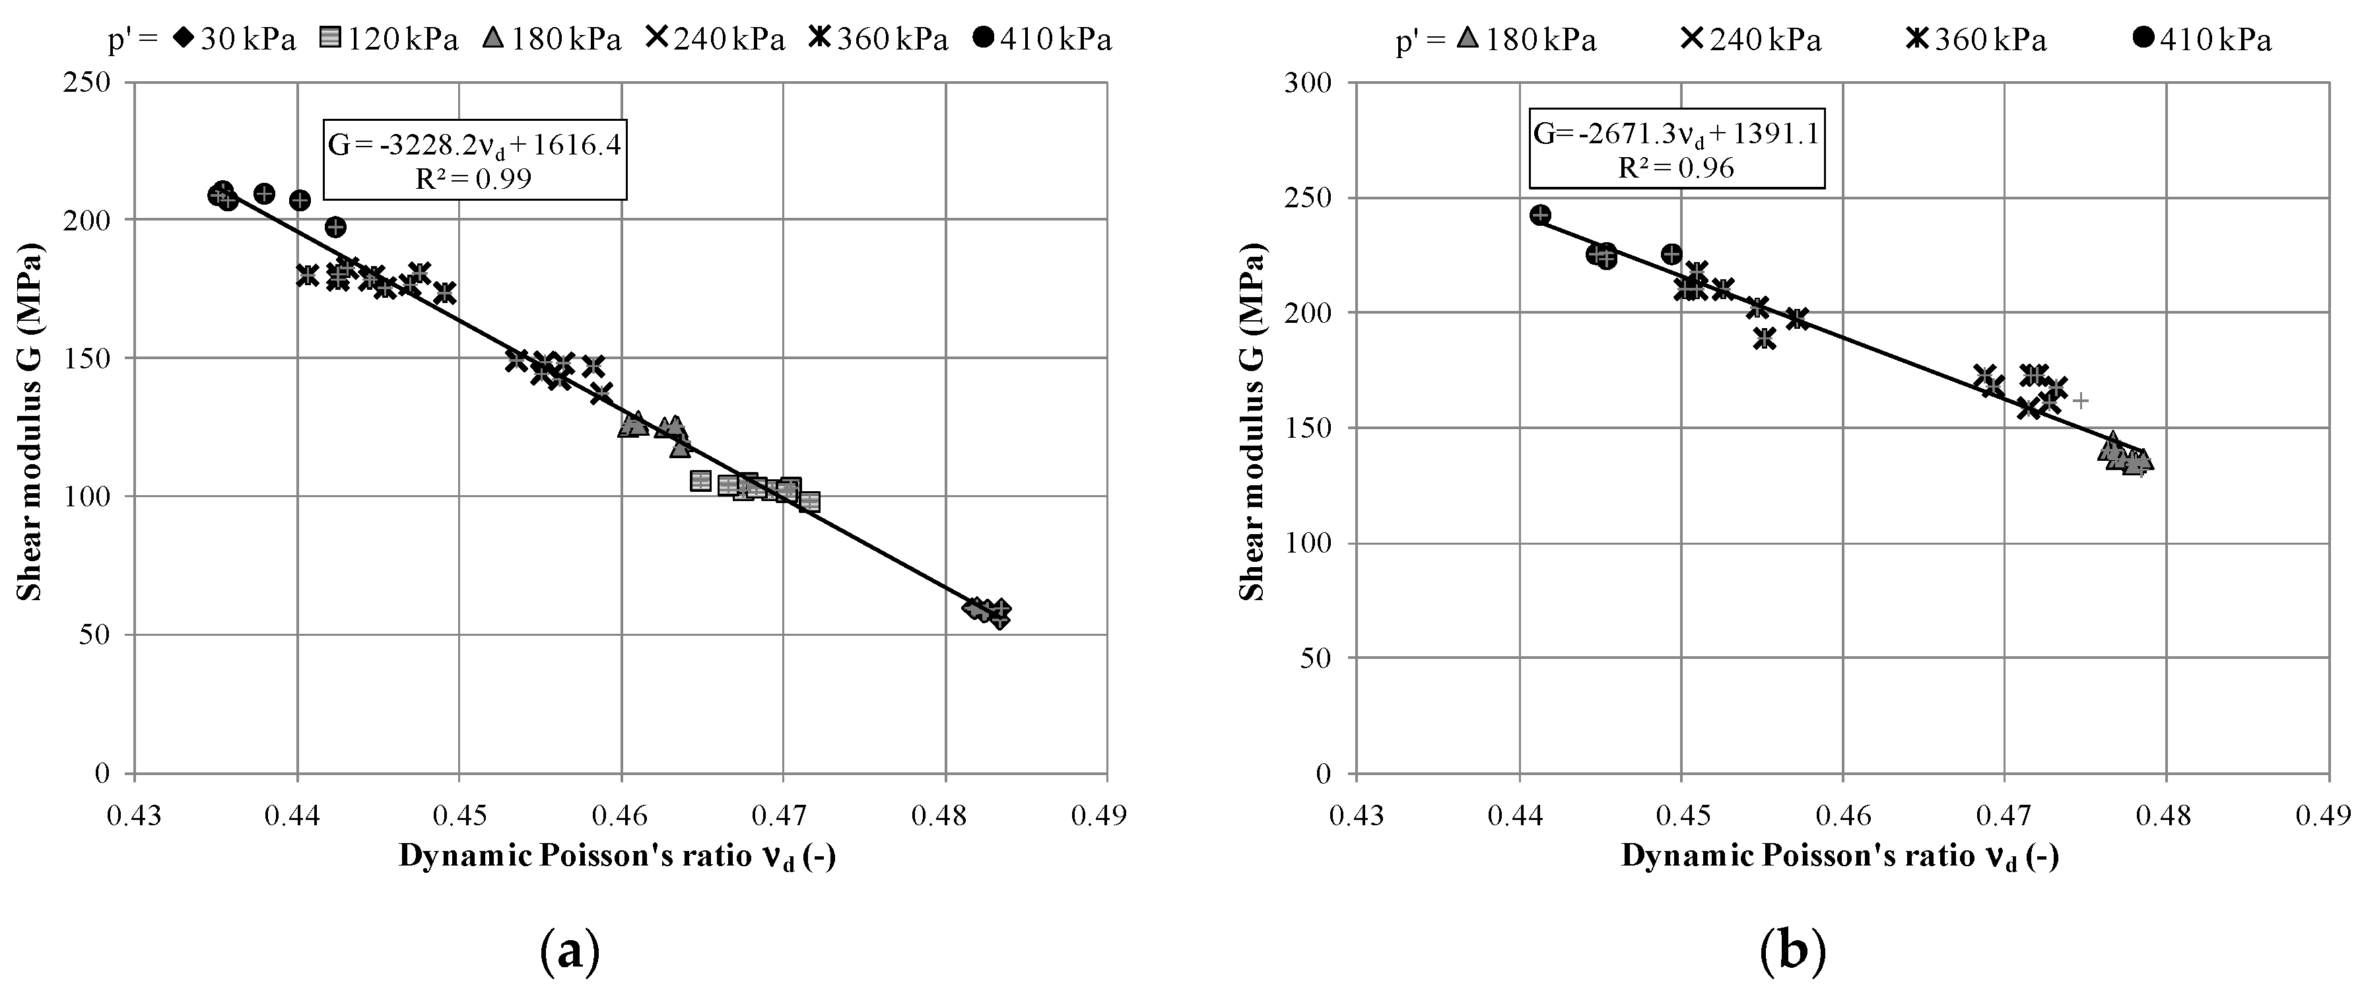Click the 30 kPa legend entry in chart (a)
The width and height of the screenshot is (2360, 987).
(234, 40)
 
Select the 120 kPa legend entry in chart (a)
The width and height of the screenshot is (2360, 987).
(389, 40)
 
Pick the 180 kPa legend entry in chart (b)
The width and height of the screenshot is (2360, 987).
(1526, 40)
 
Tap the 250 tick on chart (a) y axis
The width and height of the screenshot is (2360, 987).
(90, 83)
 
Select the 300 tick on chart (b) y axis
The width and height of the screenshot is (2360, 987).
(1312, 83)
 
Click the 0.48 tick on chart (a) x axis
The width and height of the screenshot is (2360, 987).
(945, 815)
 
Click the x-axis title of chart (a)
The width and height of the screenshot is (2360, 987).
(617, 857)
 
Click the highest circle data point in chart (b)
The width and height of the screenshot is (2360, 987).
(1540, 215)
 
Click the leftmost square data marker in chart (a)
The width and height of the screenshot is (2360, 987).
(701, 481)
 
